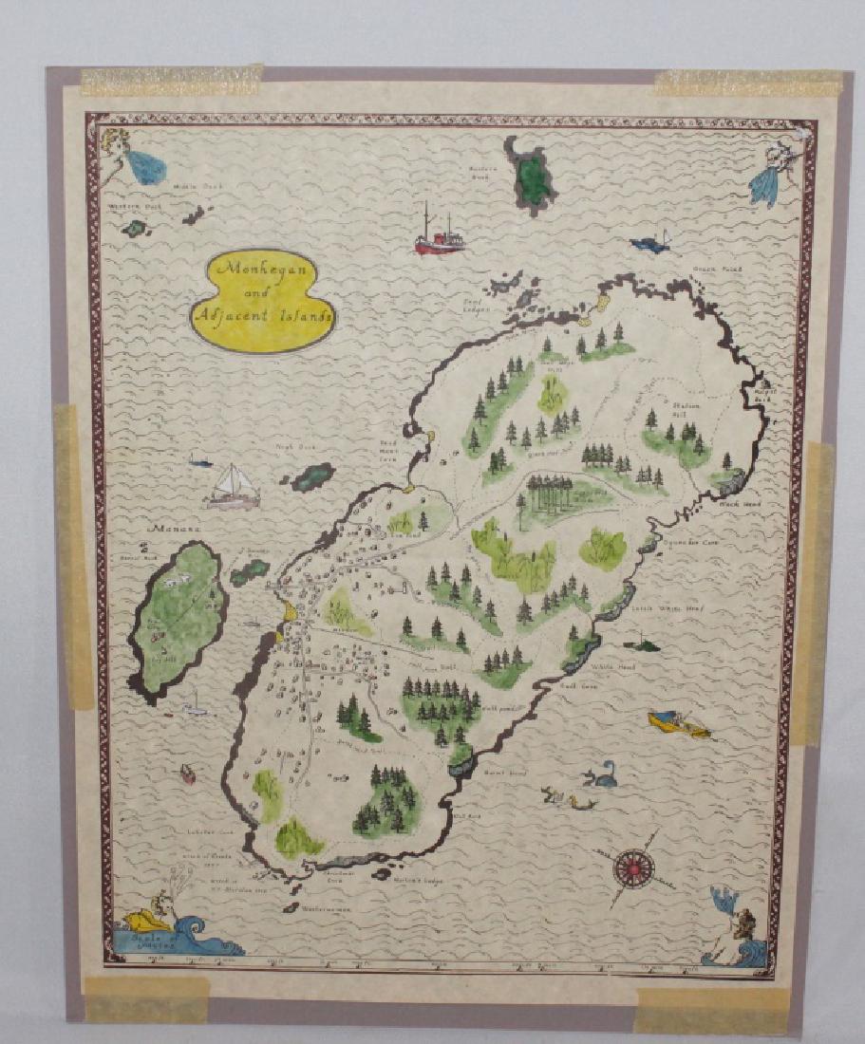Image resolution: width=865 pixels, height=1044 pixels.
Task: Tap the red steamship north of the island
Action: (439, 236)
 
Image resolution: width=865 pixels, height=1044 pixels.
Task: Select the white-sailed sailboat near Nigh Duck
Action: (234, 486)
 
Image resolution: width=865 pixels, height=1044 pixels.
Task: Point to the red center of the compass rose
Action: (628, 866)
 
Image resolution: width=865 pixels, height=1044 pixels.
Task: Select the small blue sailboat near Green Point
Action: (650, 244)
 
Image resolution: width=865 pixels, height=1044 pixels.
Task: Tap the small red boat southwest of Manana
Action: (187, 774)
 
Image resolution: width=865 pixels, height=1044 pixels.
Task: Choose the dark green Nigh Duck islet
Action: (311, 476)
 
